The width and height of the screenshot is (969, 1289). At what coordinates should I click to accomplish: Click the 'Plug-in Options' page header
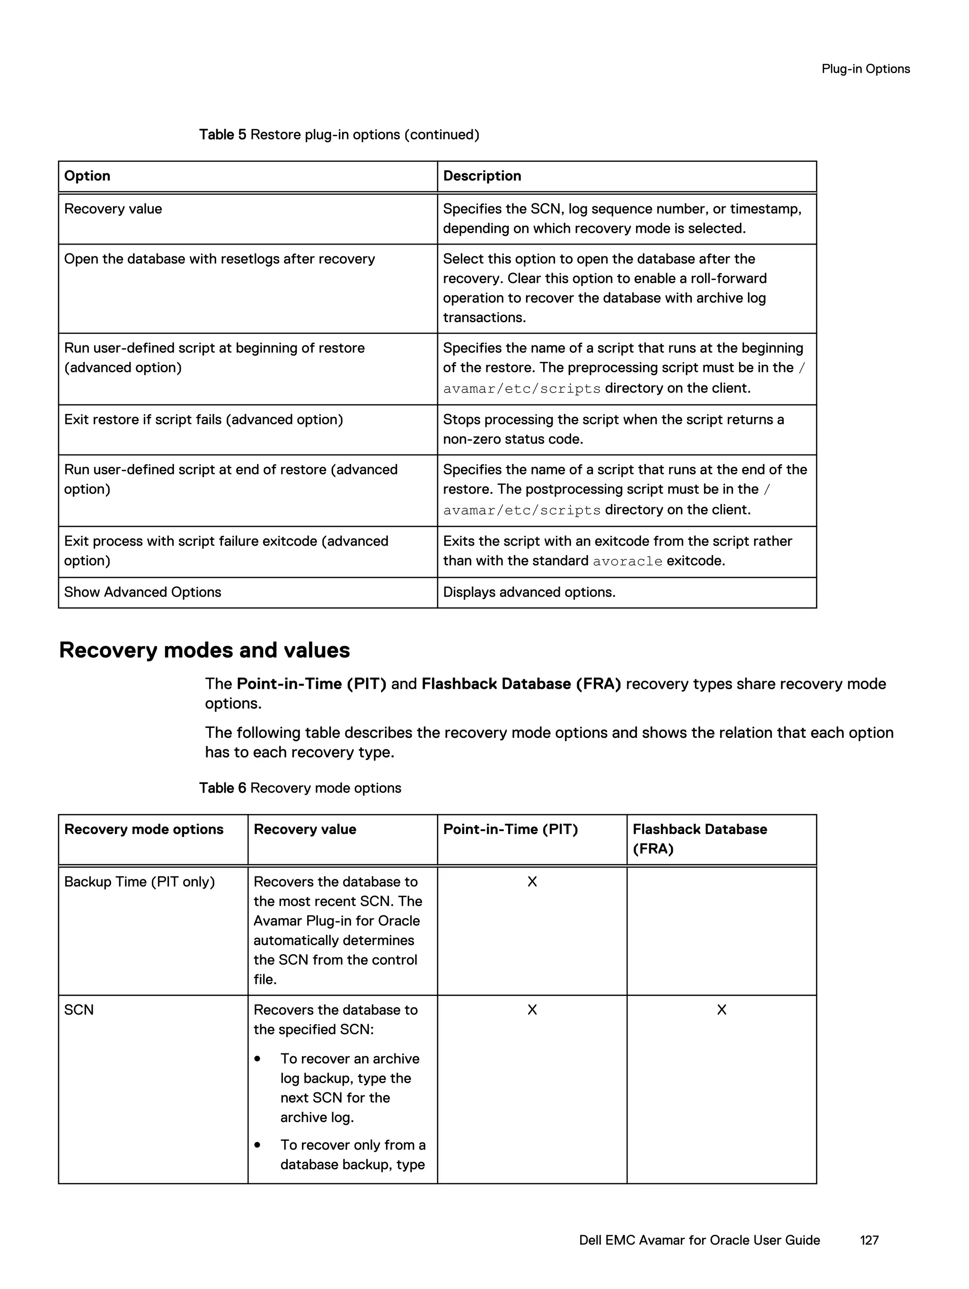(x=865, y=69)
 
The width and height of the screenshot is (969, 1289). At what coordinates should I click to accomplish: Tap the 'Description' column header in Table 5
(x=482, y=176)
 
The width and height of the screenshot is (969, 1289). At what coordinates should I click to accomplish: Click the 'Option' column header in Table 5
(x=87, y=176)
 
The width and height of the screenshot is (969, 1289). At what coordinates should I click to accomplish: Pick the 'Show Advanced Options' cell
(x=142, y=592)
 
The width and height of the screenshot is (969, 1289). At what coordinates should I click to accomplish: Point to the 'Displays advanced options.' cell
(x=529, y=592)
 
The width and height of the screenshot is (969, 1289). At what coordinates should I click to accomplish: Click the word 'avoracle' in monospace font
(x=627, y=561)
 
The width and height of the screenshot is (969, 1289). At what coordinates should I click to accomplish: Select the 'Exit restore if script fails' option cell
(x=203, y=420)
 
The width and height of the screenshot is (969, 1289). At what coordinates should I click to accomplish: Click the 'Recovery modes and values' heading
(x=204, y=650)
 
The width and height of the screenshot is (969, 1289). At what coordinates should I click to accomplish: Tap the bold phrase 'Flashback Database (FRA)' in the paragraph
(x=520, y=684)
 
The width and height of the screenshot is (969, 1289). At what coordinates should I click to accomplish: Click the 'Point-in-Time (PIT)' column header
(x=510, y=829)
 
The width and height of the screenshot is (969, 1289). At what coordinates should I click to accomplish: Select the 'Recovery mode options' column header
(x=143, y=829)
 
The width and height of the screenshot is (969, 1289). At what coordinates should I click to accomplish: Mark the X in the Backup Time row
(x=532, y=882)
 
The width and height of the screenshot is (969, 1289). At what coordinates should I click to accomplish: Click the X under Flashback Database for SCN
(x=721, y=1010)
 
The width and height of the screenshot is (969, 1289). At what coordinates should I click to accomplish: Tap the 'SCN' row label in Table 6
(x=79, y=1010)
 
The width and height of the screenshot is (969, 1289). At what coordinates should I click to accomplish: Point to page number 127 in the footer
(x=869, y=1240)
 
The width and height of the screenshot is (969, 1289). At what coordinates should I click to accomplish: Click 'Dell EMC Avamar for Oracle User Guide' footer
(x=699, y=1240)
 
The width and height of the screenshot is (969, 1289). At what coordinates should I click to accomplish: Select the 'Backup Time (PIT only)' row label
(x=140, y=882)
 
